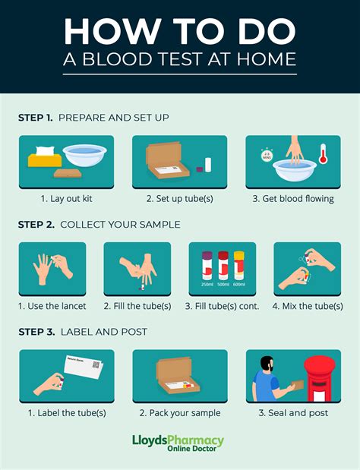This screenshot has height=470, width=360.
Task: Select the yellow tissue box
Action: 43,159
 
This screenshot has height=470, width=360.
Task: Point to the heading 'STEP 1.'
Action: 35,118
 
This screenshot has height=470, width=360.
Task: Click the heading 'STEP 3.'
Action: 35,332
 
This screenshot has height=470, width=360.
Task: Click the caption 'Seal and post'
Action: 293,413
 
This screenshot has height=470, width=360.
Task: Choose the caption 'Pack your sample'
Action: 180,413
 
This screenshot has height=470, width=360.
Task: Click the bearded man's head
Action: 267,364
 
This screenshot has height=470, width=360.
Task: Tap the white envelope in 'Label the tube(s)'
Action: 82,371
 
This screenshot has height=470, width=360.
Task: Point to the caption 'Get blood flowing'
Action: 293,199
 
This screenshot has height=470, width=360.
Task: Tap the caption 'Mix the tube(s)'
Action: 307,306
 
